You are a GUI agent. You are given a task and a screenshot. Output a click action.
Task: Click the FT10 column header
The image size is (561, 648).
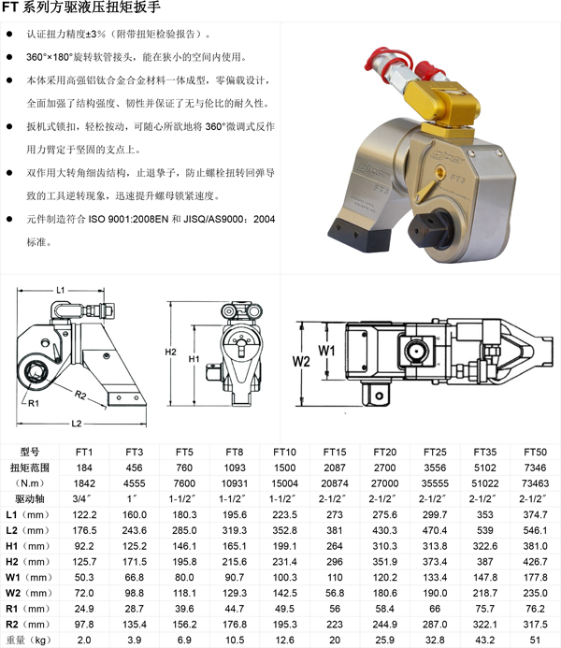click(284, 452)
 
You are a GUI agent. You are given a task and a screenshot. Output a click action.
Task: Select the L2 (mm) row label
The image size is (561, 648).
click(27, 530)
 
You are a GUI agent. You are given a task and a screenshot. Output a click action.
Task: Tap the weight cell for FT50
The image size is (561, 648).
click(535, 640)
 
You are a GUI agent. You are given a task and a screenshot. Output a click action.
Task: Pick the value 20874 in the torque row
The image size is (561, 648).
click(335, 483)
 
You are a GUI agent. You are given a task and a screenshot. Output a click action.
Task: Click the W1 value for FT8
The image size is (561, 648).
click(235, 577)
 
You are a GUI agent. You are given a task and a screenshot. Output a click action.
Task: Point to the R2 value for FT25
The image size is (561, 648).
click(435, 624)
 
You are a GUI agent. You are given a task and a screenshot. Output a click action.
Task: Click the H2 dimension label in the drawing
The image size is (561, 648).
click(170, 352)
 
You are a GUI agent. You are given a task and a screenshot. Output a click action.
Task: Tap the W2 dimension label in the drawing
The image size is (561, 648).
click(301, 362)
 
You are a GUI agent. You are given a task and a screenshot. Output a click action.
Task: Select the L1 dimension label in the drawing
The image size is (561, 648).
click(61, 290)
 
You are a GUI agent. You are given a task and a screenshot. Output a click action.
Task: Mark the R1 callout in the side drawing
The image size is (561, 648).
click(34, 403)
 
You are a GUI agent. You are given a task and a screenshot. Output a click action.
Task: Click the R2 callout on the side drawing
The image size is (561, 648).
click(80, 396)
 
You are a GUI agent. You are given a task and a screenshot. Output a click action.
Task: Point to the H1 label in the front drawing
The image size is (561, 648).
click(194, 359)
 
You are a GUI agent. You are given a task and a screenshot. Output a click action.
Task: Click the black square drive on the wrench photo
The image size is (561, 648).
click(426, 229)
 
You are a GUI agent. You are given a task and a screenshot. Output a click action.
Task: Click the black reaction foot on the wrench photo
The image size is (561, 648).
click(359, 235)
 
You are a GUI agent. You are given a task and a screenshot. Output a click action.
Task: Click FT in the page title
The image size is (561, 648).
click(10, 7)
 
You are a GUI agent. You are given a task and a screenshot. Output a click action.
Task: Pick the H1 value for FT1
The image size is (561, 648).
click(84, 546)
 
